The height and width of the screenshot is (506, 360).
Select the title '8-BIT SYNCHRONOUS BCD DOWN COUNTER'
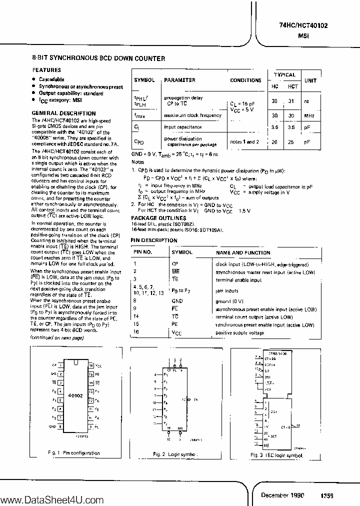pos(98,59)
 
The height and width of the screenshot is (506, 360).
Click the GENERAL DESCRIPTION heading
pos(63,113)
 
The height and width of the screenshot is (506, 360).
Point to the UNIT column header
pos(310,80)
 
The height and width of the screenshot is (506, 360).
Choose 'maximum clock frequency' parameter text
pos(192,115)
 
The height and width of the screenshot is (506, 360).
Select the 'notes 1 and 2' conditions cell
pos(245,142)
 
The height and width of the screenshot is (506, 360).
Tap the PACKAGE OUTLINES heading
pos(158,218)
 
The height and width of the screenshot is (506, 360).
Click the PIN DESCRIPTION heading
pos(154,240)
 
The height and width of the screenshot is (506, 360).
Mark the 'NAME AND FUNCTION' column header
pos(242,253)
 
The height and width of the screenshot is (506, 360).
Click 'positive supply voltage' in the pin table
pos(239,332)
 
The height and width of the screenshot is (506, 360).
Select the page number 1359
pos(327,495)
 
